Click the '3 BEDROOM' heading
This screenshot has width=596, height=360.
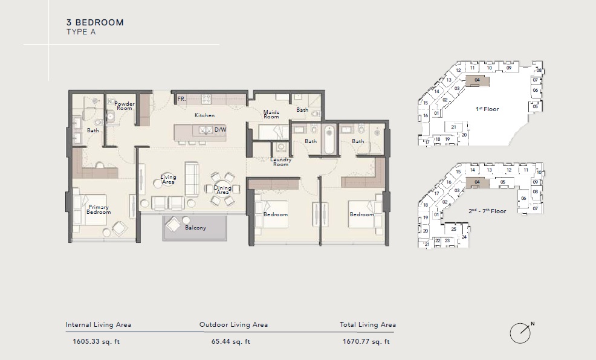(x=95, y=22)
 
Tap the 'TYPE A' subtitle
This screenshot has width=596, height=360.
(x=80, y=33)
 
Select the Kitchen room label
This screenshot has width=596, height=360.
(x=204, y=115)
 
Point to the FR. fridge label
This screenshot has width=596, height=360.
(x=181, y=98)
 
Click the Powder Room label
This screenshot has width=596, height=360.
(x=125, y=106)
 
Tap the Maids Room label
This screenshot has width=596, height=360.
(x=271, y=114)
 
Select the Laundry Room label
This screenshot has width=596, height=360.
(x=281, y=161)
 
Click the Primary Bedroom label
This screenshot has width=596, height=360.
(x=99, y=210)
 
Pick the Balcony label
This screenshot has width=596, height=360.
(x=195, y=228)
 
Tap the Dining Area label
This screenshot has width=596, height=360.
(x=222, y=190)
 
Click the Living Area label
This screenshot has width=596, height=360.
(x=168, y=179)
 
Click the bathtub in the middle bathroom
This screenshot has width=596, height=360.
(x=329, y=140)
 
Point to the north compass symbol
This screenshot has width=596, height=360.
(x=520, y=332)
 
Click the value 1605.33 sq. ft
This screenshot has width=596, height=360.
(x=94, y=341)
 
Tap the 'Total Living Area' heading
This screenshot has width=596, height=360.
(x=368, y=325)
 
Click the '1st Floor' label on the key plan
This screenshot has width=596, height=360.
(x=487, y=109)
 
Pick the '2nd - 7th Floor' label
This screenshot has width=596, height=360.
(x=488, y=211)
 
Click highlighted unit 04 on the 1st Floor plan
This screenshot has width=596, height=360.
(x=478, y=80)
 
